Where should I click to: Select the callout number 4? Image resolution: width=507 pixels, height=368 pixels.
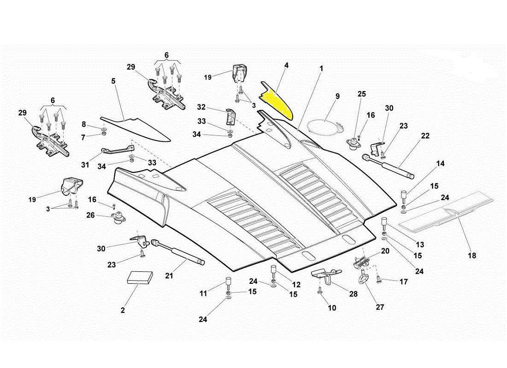click(287, 66)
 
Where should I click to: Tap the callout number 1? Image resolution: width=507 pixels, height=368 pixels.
click(321, 68)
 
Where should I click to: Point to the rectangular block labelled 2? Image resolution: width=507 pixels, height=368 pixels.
click(140, 277)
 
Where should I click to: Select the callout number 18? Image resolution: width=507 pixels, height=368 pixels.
click(472, 255)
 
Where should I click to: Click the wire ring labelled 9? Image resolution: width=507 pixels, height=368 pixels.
click(324, 126)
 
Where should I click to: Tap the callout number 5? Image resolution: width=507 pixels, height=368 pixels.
click(113, 81)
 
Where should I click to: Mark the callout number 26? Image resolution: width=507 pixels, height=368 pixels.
click(90, 214)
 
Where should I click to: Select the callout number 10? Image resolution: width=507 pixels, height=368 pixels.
click(332, 307)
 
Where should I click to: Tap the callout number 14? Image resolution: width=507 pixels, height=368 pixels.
click(441, 163)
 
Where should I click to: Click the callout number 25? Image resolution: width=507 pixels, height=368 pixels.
click(362, 94)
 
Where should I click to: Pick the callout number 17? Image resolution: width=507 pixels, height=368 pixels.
click(404, 281)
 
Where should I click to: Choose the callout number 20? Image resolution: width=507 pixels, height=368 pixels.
click(385, 251)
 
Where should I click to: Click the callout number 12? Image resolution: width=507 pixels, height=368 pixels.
click(296, 284)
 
